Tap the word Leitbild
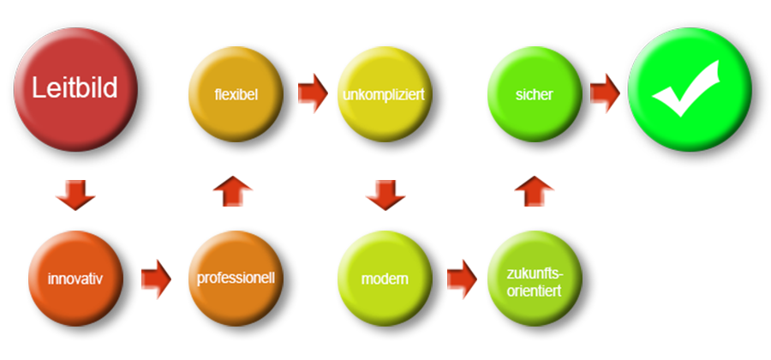coord(75,87)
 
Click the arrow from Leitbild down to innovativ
coord(75,195)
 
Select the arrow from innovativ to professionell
coord(157,279)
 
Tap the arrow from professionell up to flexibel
coord(233,190)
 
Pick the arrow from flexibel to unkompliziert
coord(314,92)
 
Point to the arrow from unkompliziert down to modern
coord(385,195)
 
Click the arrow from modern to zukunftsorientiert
coord(463,279)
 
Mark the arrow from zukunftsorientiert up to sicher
coord(534,190)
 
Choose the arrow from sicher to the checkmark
coord(606,92)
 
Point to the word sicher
coord(534,93)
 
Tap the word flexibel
coord(236,93)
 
